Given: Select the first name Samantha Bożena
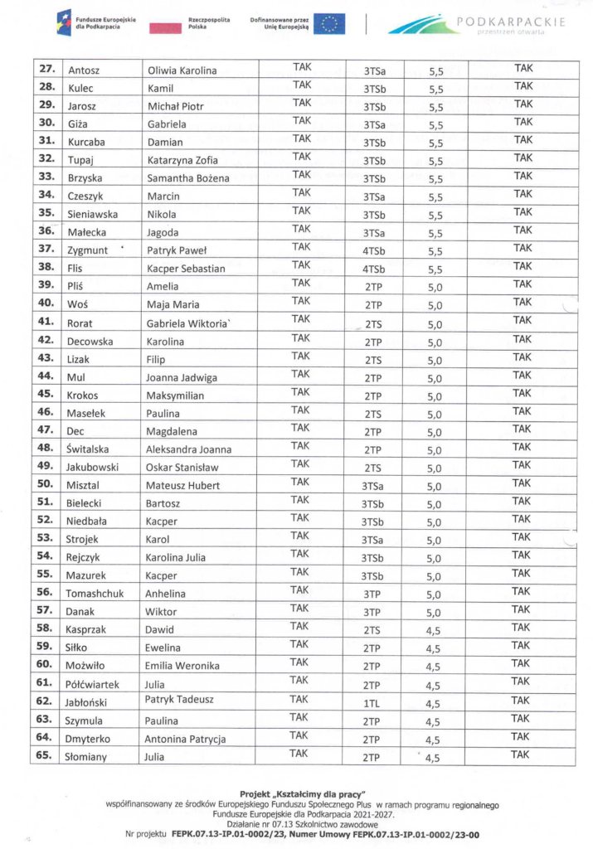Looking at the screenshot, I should point(187,178).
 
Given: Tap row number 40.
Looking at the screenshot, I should point(46,303).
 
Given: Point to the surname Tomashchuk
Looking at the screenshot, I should point(97,593).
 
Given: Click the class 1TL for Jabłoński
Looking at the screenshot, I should point(372,703).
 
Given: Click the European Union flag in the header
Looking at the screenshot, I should point(332,22).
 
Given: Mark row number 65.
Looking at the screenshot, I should point(46,755).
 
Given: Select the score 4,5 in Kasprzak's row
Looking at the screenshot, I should point(433,630).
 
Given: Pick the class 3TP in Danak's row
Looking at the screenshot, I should point(372,612).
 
